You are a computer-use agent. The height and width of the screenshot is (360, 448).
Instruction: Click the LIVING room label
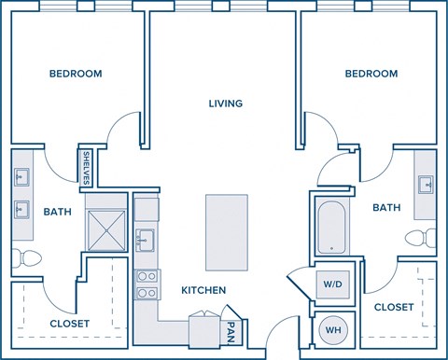click(226, 104)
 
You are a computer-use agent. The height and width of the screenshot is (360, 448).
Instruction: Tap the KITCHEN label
click(203, 290)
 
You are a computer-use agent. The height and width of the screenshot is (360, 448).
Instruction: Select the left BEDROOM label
click(76, 74)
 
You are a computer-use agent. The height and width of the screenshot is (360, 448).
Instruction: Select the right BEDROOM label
click(371, 74)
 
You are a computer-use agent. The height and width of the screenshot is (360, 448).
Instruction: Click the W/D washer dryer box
click(331, 284)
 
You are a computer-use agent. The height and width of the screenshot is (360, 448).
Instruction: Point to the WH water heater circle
click(331, 330)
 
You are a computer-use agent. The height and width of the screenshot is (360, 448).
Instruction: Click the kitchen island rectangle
click(226, 231)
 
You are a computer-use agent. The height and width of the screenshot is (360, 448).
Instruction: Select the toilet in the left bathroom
click(22, 256)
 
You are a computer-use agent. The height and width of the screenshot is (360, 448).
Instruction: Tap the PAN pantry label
click(231, 329)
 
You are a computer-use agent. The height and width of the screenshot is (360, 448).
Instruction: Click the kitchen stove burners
click(146, 284)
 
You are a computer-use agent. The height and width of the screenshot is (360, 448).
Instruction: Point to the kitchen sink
click(145, 241)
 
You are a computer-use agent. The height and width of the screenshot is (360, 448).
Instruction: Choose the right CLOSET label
click(394, 306)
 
